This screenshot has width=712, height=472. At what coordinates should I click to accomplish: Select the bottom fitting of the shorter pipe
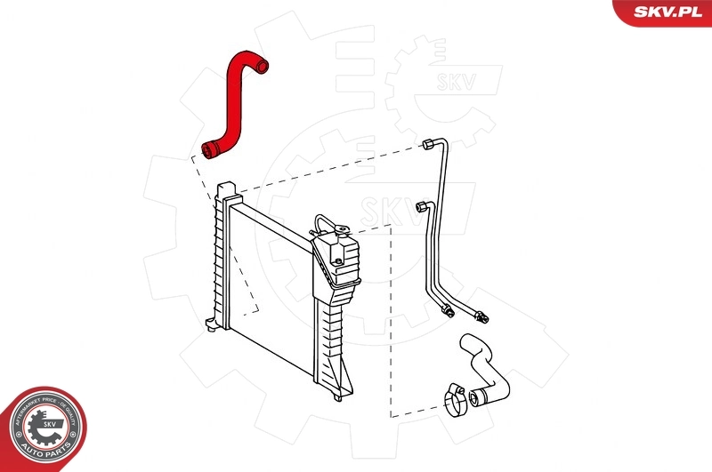448,310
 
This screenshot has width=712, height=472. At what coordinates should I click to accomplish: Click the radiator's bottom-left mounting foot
210,324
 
